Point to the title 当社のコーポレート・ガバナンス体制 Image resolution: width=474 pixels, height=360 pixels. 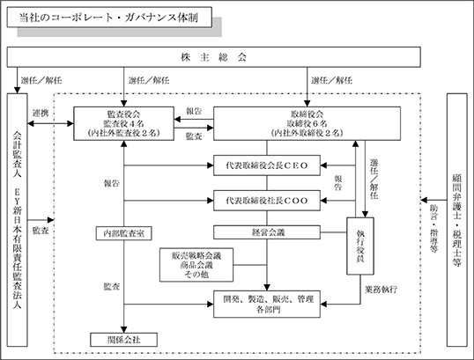point(109,18)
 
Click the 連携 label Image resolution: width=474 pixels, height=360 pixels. point(41,114)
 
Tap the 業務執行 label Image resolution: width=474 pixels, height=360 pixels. point(381,290)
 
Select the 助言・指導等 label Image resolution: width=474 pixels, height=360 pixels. point(434,229)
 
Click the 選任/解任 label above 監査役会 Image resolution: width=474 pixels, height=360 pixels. point(149,80)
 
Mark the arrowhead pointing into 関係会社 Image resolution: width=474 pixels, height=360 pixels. point(123,329)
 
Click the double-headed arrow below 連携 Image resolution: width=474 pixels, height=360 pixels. point(50,123)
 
